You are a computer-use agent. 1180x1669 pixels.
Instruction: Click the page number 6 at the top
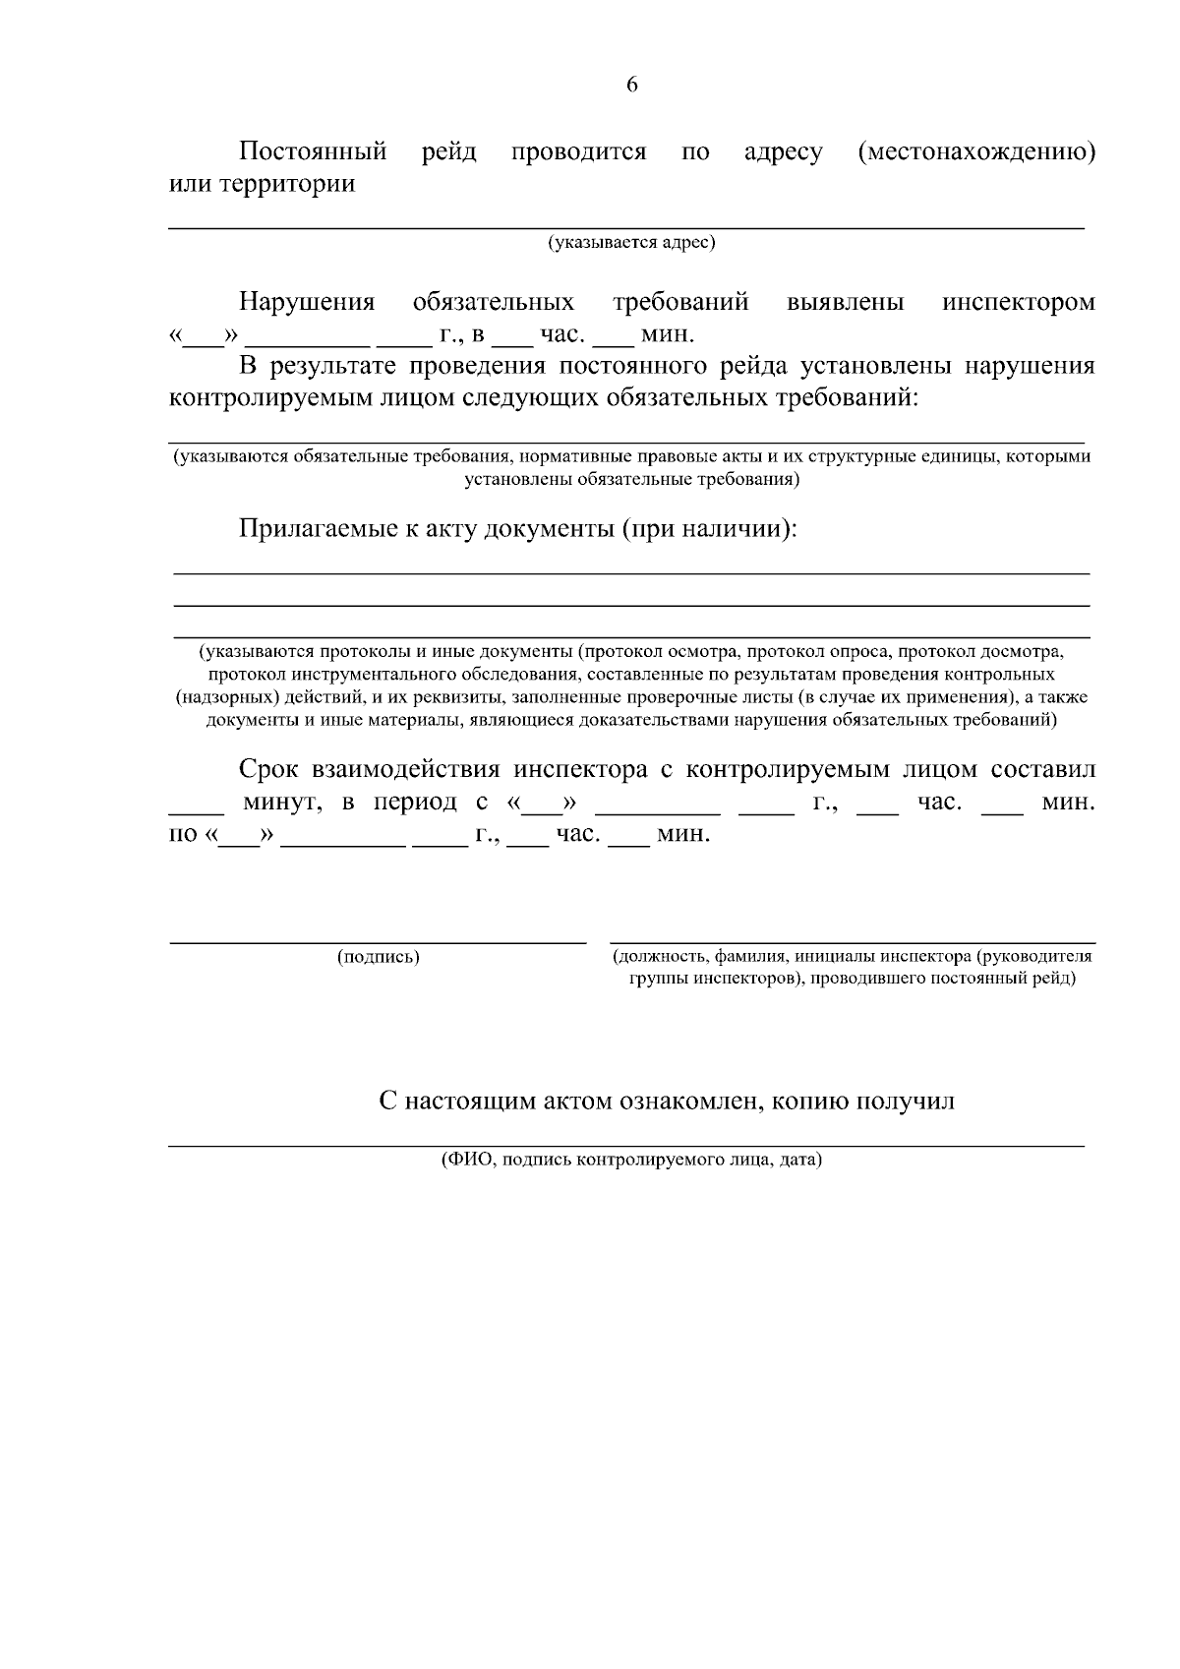[x=631, y=85]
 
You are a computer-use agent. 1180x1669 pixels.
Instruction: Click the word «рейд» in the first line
[x=449, y=152]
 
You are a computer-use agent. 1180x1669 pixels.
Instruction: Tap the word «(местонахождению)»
[x=976, y=152]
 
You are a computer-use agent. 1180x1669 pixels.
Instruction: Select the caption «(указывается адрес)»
[x=631, y=242]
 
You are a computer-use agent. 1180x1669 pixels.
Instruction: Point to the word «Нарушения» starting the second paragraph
[x=307, y=302]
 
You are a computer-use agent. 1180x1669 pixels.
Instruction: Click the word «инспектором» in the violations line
[x=1018, y=302]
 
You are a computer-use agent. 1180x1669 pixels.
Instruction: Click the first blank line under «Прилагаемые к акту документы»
[x=631, y=572]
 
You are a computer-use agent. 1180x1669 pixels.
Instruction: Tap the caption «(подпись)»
[x=379, y=957]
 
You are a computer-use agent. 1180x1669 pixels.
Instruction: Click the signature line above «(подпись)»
[x=379, y=942]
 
